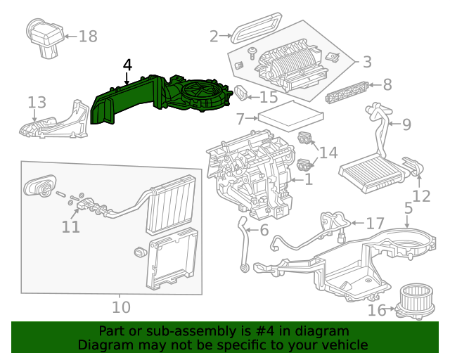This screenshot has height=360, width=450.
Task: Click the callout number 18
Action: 88,37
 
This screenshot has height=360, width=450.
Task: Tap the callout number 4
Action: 127,65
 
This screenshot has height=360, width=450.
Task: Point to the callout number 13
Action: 37,103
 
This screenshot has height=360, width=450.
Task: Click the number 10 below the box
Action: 121,307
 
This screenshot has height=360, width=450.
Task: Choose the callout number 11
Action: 70,227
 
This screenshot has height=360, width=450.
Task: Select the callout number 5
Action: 409,208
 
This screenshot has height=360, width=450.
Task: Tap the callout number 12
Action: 421,196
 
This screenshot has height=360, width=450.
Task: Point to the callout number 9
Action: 406,125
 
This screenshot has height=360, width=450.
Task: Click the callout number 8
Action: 387,85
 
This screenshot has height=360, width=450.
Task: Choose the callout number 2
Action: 214,36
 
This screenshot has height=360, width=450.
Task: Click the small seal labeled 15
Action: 240,94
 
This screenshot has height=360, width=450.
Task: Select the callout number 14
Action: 328,153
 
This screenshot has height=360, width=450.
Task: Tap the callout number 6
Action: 264,230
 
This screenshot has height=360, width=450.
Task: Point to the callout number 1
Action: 307,181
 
